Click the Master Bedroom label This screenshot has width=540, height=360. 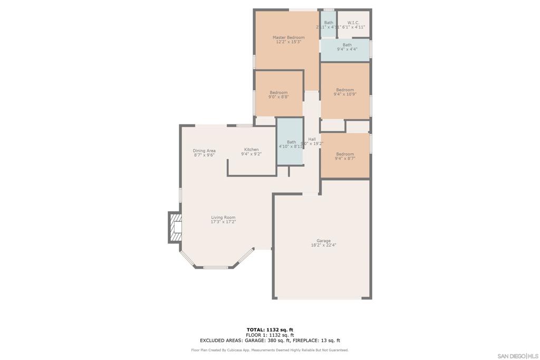coord(288,37)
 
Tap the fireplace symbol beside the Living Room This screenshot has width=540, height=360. coord(175,227)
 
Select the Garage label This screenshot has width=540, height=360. coord(323,241)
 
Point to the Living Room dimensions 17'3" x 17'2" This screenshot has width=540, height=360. coord(223,222)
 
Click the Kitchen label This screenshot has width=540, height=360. coord(251,150)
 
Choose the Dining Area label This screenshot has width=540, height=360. coord(204,151)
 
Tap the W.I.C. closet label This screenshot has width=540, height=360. coord(353,23)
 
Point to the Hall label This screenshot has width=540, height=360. coord(312,139)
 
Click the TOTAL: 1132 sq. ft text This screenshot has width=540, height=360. coord(269,330)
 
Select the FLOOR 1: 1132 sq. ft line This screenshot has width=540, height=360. coord(269,335)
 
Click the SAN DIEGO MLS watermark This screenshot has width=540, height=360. coord(518,356)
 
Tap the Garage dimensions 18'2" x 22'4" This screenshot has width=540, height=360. coord(323,245)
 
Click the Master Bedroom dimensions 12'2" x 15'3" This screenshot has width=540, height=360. coord(288,42)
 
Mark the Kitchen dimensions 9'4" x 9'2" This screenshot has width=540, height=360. coord(251,154)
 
